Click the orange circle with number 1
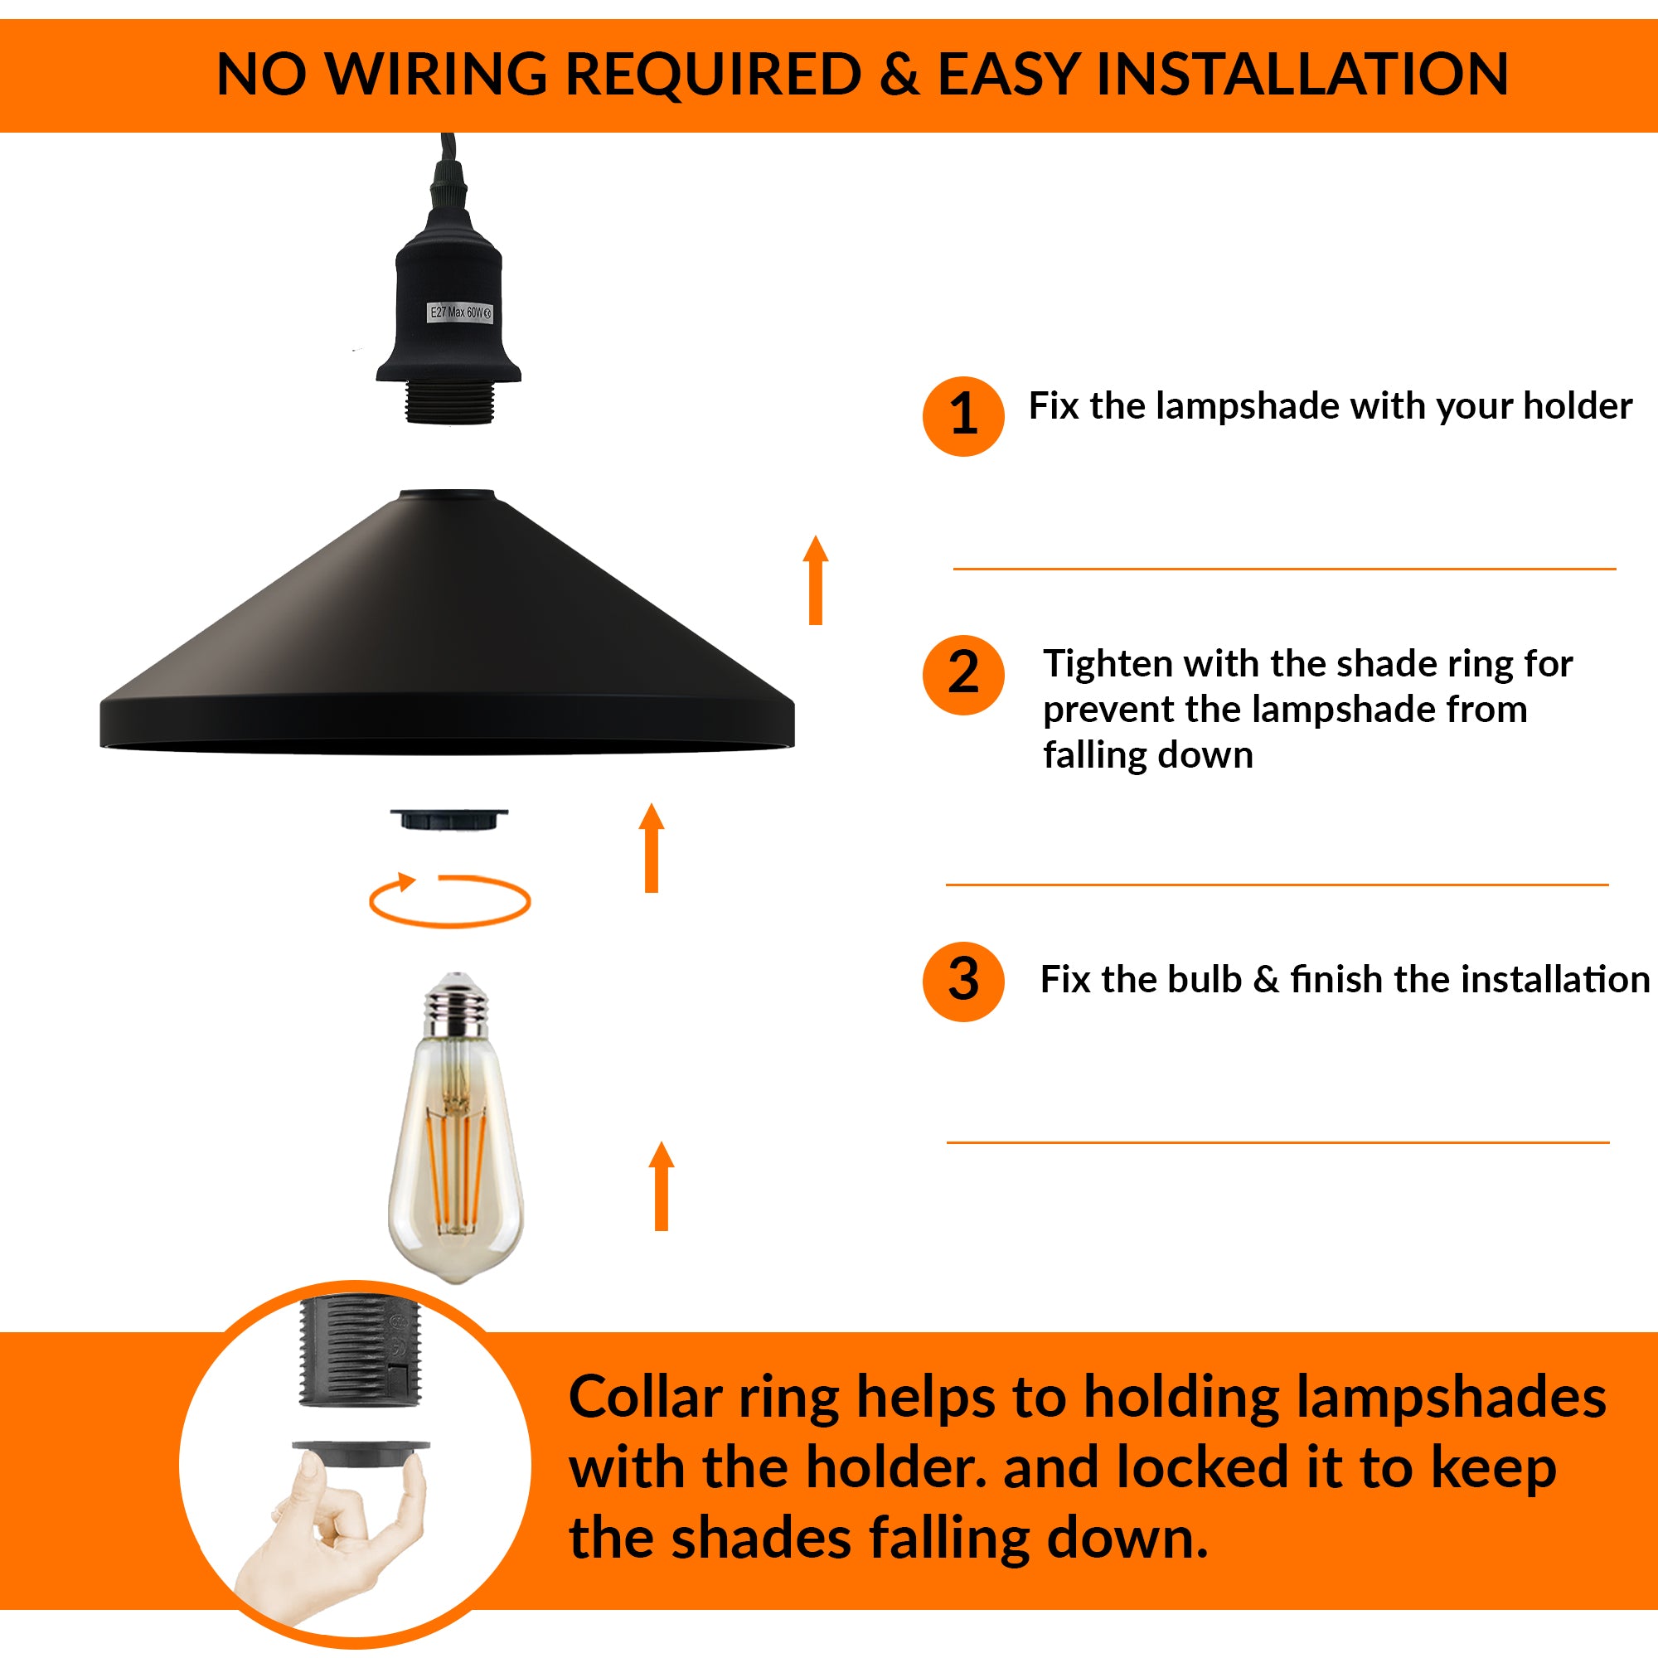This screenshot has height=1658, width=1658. coord(962,416)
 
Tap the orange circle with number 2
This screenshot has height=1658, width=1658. coord(962,675)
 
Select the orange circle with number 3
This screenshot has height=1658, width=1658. coord(962,981)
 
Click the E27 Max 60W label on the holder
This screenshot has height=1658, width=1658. coord(460,313)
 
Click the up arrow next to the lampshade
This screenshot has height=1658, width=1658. coord(815,580)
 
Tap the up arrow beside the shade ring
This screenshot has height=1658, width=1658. coord(652,848)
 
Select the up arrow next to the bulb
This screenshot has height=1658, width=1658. coord(661,1186)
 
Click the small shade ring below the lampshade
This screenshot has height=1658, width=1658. coord(448,819)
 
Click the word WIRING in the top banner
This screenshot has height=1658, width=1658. coord(438,75)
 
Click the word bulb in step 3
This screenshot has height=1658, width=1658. coord(1204,980)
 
